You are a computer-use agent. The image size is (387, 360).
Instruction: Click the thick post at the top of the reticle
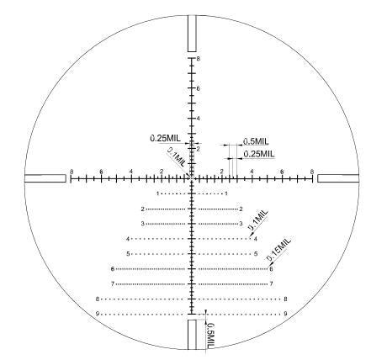pos(192,34)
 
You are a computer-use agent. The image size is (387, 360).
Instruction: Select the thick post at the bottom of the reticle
pos(192,335)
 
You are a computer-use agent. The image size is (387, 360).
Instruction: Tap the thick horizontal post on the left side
pos(45,178)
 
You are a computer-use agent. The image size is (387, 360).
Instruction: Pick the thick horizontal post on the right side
pos(338,178)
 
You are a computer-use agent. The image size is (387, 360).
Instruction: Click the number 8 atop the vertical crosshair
pos(199,59)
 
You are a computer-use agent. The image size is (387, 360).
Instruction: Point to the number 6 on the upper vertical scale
pos(199,88)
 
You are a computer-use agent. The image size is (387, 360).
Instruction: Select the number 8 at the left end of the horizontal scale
pos(72,172)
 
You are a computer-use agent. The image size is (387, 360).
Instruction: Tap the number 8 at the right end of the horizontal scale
pos(312,172)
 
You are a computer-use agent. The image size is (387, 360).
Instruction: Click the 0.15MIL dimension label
pos(279,249)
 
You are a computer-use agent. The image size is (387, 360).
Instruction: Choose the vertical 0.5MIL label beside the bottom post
pos(210,336)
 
